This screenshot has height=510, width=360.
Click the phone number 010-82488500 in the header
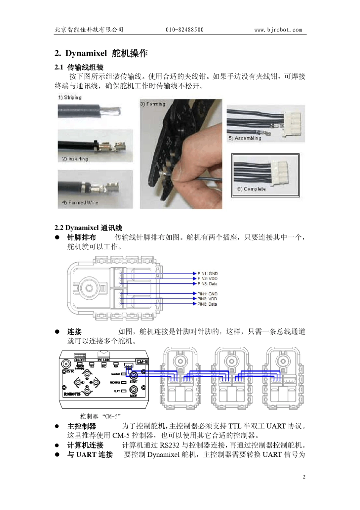(x=184, y=30)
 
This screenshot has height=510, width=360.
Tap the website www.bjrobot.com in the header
(x=278, y=30)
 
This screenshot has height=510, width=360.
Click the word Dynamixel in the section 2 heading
(x=86, y=53)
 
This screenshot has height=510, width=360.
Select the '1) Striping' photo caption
(x=70, y=97)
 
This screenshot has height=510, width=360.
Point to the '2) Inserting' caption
(x=75, y=158)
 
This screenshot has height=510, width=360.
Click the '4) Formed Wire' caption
(x=80, y=202)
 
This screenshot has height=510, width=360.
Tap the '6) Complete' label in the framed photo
(x=251, y=189)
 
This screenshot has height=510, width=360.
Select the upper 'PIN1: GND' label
(x=207, y=273)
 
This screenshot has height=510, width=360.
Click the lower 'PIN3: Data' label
(x=207, y=304)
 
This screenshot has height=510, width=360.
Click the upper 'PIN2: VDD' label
(x=207, y=279)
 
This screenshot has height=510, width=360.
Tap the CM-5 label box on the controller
(x=142, y=362)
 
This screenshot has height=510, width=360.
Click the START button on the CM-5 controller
(x=134, y=376)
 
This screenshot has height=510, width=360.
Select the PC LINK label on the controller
(x=103, y=359)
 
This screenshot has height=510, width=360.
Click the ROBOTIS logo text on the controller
(x=72, y=394)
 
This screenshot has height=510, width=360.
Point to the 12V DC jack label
(x=70, y=371)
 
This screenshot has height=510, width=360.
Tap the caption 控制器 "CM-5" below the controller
(x=100, y=416)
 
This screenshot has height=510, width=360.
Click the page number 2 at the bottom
(x=304, y=477)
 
